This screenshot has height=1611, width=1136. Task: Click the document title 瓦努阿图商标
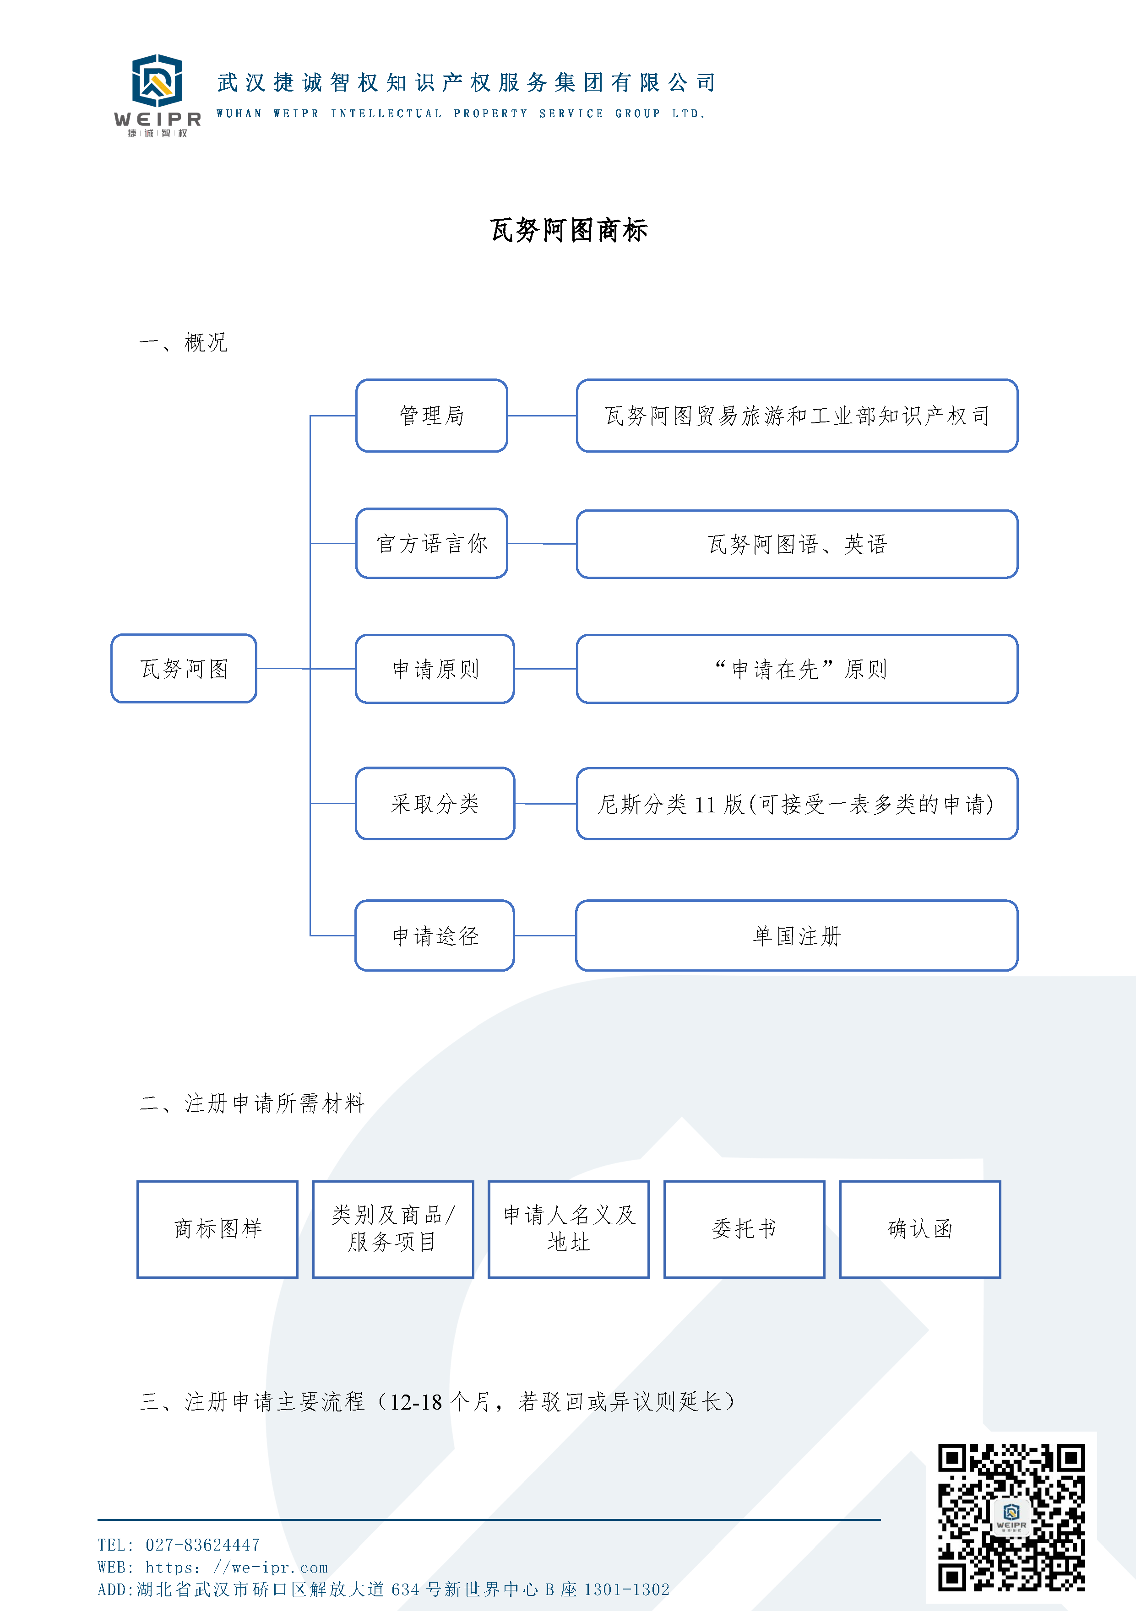(x=568, y=230)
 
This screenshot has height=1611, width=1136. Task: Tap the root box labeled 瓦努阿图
(x=184, y=669)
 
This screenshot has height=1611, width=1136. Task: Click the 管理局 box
(x=432, y=416)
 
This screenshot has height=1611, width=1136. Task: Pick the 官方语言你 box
(x=432, y=543)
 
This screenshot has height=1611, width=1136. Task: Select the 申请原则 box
(x=435, y=669)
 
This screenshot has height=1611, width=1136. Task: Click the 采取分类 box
(x=435, y=803)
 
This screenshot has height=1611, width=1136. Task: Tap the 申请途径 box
(x=435, y=935)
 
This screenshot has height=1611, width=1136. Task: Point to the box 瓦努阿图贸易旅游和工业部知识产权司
(x=797, y=416)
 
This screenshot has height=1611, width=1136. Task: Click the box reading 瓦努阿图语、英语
(x=797, y=544)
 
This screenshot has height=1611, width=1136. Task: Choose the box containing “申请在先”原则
(x=797, y=669)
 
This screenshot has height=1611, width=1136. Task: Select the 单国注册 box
(x=797, y=935)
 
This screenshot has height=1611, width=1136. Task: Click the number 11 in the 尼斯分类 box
(x=705, y=805)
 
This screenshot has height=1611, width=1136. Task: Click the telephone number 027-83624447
(x=202, y=1545)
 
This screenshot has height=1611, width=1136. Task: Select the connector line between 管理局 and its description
(x=542, y=416)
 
